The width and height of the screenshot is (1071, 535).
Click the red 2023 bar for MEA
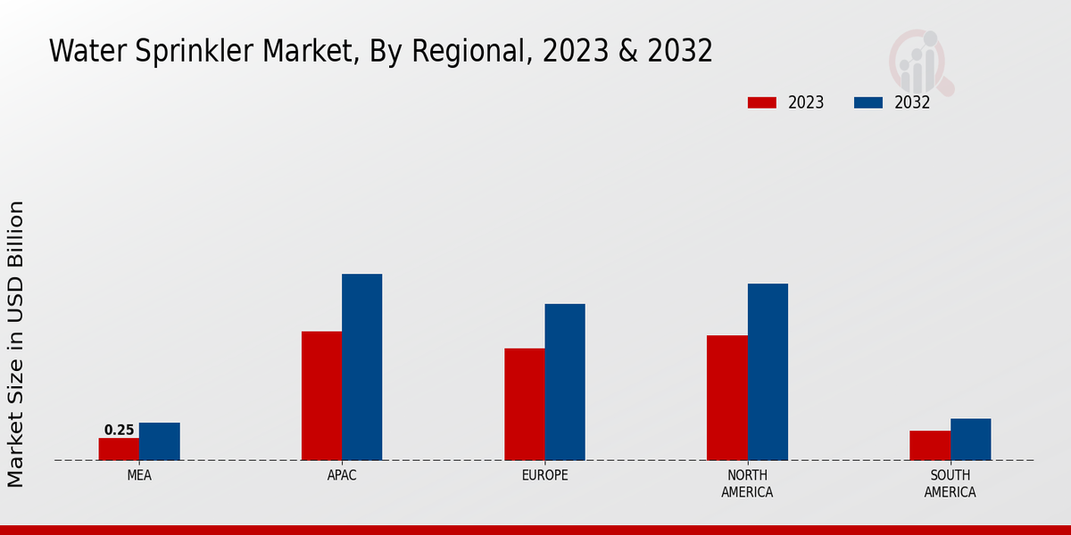point(119,449)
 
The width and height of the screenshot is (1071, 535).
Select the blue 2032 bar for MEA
point(159,441)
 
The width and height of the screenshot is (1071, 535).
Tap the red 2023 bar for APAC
point(321,396)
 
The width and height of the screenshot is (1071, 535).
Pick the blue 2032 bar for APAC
point(361,367)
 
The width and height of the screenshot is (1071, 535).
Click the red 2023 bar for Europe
point(524,404)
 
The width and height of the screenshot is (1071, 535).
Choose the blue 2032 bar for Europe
point(565,382)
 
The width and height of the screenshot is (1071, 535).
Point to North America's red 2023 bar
point(726,398)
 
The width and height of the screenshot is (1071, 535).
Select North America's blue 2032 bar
point(768,372)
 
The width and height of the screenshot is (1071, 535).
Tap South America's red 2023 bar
point(930,445)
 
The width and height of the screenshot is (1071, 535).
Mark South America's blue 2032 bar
point(970,440)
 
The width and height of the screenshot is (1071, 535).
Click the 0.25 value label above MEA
point(119,430)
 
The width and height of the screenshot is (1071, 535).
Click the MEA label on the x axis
point(139,475)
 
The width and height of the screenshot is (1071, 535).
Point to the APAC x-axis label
point(342,475)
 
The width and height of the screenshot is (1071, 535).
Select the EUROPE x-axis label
point(544,475)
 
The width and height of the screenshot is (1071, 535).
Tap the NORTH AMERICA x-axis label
point(747,483)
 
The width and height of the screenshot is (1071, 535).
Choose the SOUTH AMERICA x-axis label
point(950,483)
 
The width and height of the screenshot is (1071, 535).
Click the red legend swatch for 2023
point(761,103)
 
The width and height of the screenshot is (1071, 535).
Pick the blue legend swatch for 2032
point(868,103)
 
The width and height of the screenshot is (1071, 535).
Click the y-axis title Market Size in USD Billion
point(16,344)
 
